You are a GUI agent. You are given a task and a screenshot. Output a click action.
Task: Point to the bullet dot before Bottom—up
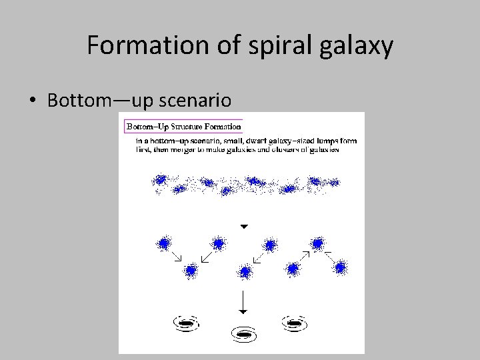[x=32, y=101]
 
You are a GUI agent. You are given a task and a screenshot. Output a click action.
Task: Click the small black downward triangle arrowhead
[x=244, y=227]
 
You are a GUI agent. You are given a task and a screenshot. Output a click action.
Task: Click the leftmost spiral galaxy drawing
[x=185, y=323]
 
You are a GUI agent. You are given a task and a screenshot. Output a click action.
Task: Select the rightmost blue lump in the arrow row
[x=340, y=267]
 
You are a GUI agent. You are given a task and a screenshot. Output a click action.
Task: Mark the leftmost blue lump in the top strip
[x=160, y=180]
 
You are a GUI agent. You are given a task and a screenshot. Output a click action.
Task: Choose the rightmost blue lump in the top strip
[x=333, y=182]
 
